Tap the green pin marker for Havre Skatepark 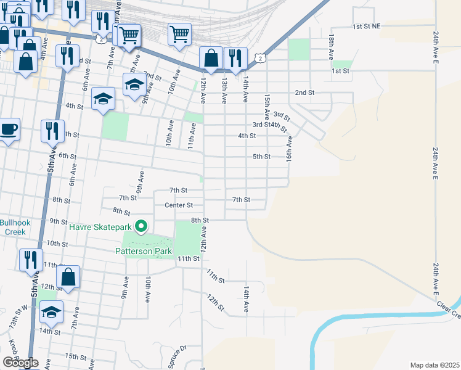141,227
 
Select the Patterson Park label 143,251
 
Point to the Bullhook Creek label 12,227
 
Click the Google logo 20,363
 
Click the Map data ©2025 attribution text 434,365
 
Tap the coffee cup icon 9,129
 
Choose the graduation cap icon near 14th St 52,312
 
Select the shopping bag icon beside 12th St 68,277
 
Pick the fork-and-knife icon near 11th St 30,259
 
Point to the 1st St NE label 367,27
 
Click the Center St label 179,205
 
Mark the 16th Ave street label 288,147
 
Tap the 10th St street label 57,244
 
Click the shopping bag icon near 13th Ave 211,59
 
